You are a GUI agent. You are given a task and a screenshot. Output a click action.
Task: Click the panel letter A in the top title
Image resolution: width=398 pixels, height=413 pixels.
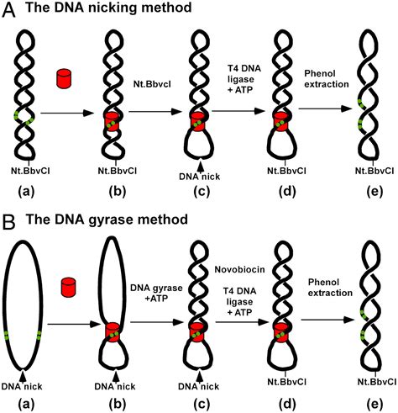8,8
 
